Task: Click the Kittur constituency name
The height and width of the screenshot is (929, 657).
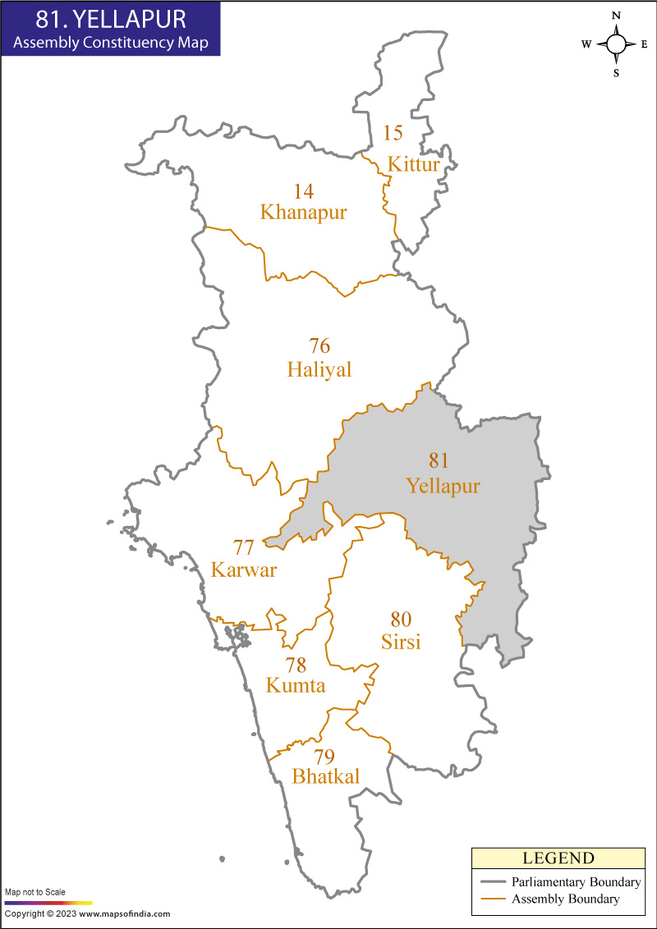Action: tap(414, 164)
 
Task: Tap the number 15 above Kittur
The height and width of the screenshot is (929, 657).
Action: tap(393, 133)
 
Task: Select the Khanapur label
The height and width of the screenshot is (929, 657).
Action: tap(303, 213)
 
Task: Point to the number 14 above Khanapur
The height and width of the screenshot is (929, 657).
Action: tap(304, 191)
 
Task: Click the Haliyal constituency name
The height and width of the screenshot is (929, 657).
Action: tap(319, 370)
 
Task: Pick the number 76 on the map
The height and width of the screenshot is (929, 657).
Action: tap(319, 345)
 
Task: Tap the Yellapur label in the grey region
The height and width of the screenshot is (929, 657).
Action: tap(443, 487)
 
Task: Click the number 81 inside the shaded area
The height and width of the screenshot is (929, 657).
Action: tap(439, 460)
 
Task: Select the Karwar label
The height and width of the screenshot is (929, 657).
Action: tap(244, 570)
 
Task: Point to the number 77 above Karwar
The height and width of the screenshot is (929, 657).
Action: tap(244, 547)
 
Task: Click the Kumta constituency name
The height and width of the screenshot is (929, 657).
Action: tap(296, 685)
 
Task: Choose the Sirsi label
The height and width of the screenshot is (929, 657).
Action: tap(401, 642)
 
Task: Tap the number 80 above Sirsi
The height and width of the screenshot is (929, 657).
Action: tap(401, 619)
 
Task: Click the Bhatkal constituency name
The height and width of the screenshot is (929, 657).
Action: tap(325, 776)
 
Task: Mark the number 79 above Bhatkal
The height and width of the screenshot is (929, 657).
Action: tap(325, 756)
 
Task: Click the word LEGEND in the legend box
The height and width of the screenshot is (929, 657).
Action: tap(558, 858)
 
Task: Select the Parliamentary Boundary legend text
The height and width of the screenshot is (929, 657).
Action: tap(576, 882)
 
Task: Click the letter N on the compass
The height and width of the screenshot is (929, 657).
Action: tap(616, 16)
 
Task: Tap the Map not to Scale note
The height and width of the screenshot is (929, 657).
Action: tap(35, 892)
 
